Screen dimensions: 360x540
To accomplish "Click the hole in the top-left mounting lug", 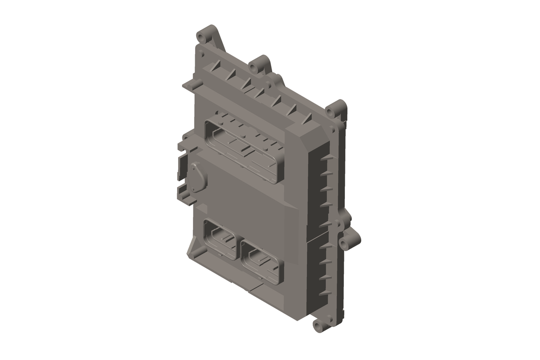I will coord(201,38).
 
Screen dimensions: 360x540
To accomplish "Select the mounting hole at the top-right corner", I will coord(331,112).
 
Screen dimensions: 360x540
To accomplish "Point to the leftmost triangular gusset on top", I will coord(216,65).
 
